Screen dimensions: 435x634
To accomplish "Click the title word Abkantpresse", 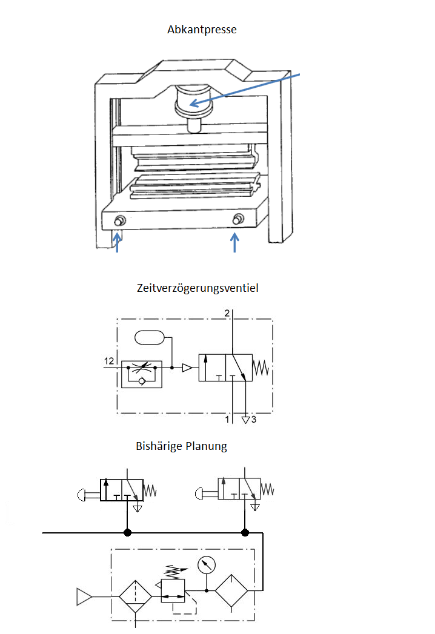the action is click(202, 30).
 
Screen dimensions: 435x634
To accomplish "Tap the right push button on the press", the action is click(238, 219).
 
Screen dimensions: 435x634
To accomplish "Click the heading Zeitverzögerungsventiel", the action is click(198, 288).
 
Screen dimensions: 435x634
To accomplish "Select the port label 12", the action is click(109, 361).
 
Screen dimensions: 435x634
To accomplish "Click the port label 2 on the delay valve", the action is click(227, 313).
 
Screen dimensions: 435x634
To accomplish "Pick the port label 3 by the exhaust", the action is click(254, 419).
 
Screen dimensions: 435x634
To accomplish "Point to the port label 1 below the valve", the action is click(227, 419).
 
